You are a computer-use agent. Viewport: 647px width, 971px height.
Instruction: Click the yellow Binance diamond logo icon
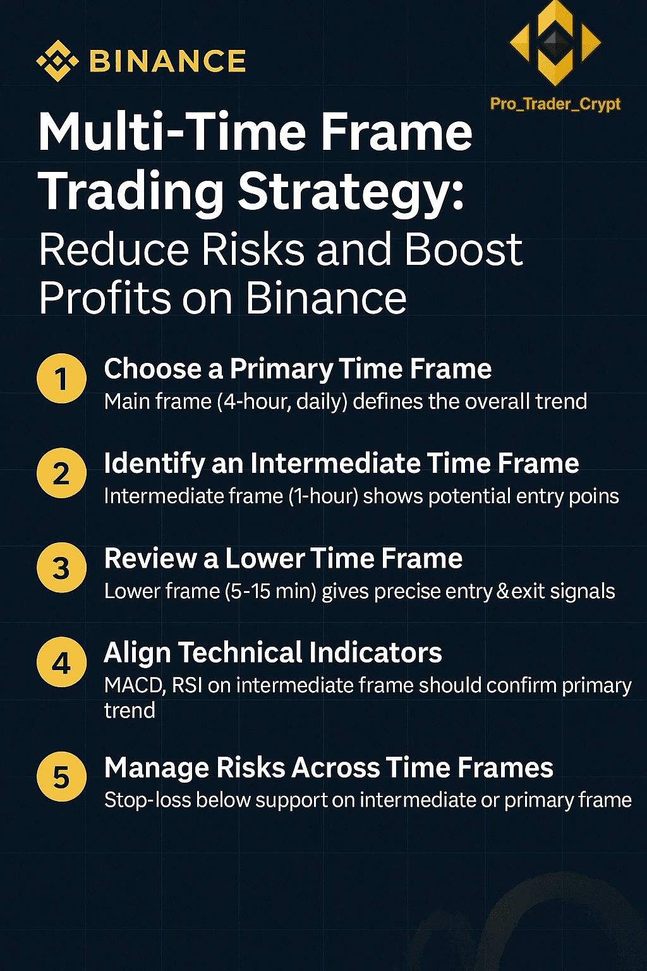pos(57,61)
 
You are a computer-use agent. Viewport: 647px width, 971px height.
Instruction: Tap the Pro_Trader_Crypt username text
pos(555,104)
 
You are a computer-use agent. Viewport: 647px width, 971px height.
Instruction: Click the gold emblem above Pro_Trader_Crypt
pos(555,43)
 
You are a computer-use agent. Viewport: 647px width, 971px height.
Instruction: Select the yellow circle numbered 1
pos(61,379)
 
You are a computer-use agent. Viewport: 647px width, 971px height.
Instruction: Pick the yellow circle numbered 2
pos(61,473)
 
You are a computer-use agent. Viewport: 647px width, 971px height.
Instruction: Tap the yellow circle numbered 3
pos(61,568)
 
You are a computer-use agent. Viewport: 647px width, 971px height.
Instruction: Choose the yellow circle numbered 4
pos(61,662)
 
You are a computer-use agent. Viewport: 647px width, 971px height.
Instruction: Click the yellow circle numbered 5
pos(61,777)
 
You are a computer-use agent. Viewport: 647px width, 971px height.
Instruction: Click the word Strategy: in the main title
pos(351,192)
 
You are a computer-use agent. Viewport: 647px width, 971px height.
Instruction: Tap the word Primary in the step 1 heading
pos(282,370)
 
